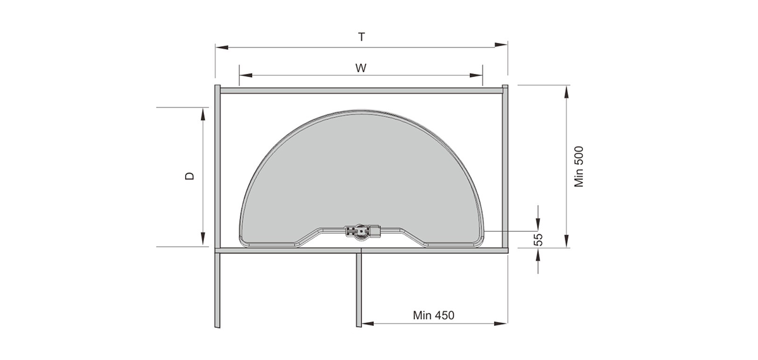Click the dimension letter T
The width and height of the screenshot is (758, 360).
tap(361, 37)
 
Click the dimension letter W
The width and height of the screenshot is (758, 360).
tap(361, 68)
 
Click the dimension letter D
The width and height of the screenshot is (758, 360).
tap(190, 176)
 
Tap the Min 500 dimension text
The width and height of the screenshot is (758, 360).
tap(579, 167)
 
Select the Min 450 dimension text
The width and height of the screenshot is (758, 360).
tap(433, 315)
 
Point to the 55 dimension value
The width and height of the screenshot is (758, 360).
tap(538, 239)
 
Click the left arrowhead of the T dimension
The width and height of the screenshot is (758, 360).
tap(222, 48)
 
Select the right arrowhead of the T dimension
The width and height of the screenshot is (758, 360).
tap(501, 45)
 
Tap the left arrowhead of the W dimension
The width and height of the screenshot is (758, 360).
tap(246, 75)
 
